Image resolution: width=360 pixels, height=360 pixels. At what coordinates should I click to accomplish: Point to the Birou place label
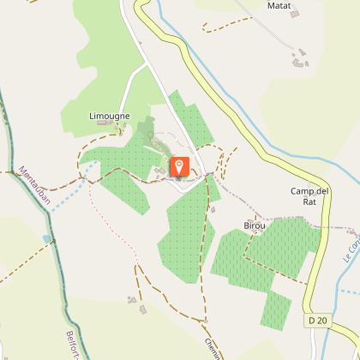tap(255, 226)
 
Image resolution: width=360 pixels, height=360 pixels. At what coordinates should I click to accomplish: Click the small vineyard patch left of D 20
tap(276, 309)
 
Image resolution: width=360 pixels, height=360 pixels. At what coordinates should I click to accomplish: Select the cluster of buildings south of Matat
tap(299, 59)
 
